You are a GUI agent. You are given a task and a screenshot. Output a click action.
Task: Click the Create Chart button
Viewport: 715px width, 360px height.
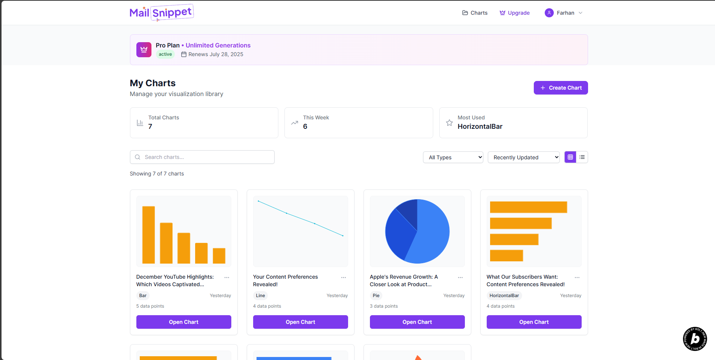[x=561, y=88]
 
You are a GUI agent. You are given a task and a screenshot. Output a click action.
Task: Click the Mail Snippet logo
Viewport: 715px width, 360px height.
[x=161, y=13]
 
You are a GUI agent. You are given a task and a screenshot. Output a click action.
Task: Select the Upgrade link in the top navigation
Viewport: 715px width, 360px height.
[x=515, y=13]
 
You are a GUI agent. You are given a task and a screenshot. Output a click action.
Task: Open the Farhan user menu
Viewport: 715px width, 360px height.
[x=564, y=13]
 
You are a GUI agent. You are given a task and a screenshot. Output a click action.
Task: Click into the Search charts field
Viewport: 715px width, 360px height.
[x=202, y=157]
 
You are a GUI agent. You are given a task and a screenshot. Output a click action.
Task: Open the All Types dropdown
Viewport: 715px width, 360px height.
[x=453, y=157]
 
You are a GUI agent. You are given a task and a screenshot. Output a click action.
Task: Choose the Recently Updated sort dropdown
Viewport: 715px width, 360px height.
[x=524, y=157]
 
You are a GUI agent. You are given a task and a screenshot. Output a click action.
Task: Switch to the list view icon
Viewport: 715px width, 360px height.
[x=582, y=157]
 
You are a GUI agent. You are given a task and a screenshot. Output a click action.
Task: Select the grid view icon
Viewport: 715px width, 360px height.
[x=570, y=157]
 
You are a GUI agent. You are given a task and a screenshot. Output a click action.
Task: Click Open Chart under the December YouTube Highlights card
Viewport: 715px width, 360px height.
[x=184, y=322]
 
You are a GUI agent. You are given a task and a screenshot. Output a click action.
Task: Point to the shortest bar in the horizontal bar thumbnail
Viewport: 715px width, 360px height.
[x=506, y=255]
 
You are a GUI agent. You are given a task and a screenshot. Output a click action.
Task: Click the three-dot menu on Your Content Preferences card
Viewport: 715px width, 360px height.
[x=344, y=278]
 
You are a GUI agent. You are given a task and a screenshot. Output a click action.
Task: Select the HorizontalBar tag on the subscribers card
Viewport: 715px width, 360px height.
[x=504, y=296]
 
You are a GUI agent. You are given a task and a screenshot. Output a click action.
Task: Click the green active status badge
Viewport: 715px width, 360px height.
[x=165, y=54]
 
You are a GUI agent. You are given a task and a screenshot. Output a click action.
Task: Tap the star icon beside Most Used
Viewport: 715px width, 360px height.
[x=449, y=123]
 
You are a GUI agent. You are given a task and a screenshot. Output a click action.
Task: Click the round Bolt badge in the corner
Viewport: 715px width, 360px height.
[x=695, y=339]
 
